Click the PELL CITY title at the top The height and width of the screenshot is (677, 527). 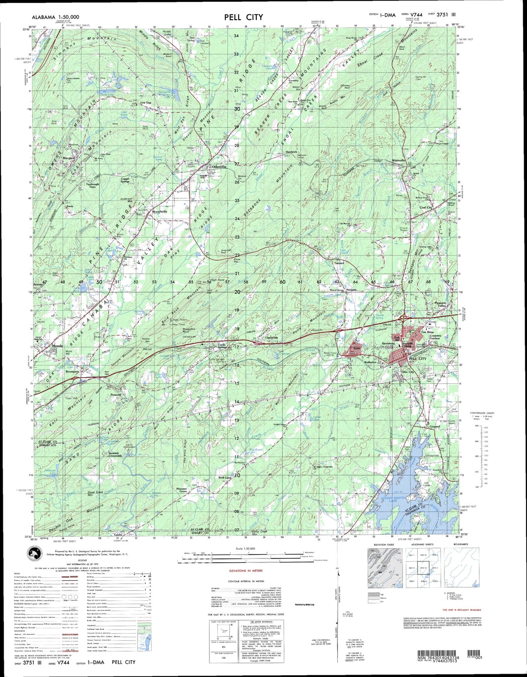click(242, 17)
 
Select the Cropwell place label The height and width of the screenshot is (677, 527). click(435, 427)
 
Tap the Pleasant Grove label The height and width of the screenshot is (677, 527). click(182, 490)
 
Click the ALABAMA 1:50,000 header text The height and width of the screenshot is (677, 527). click(55, 17)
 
